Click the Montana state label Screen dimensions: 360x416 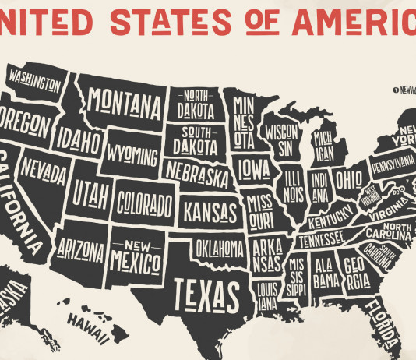tap(125, 101)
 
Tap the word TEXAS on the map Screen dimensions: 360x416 tap(205, 295)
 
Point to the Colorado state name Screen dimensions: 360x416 tap(144, 205)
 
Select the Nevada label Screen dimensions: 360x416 tap(43, 168)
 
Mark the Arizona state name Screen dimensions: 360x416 tap(80, 250)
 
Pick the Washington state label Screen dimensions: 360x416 tap(34, 79)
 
